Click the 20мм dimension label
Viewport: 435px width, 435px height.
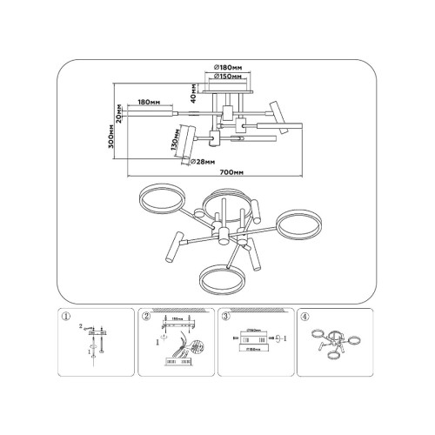(118, 116)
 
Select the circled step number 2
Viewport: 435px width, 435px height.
(145, 317)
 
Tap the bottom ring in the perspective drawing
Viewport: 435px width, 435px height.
(221, 278)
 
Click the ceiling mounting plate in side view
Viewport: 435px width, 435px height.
(230, 88)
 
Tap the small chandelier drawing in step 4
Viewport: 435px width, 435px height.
(336, 342)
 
